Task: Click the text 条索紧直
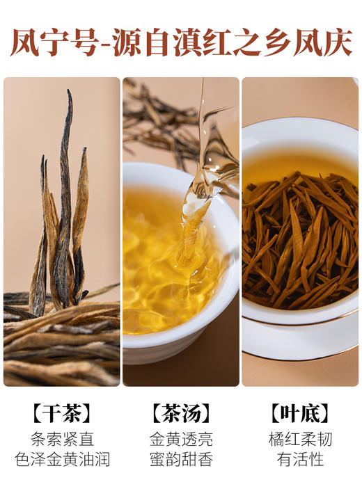click(62, 440)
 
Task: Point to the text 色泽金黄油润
click(62, 459)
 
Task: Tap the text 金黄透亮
click(181, 440)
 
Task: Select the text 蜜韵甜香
click(181, 459)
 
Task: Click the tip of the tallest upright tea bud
click(70, 92)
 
